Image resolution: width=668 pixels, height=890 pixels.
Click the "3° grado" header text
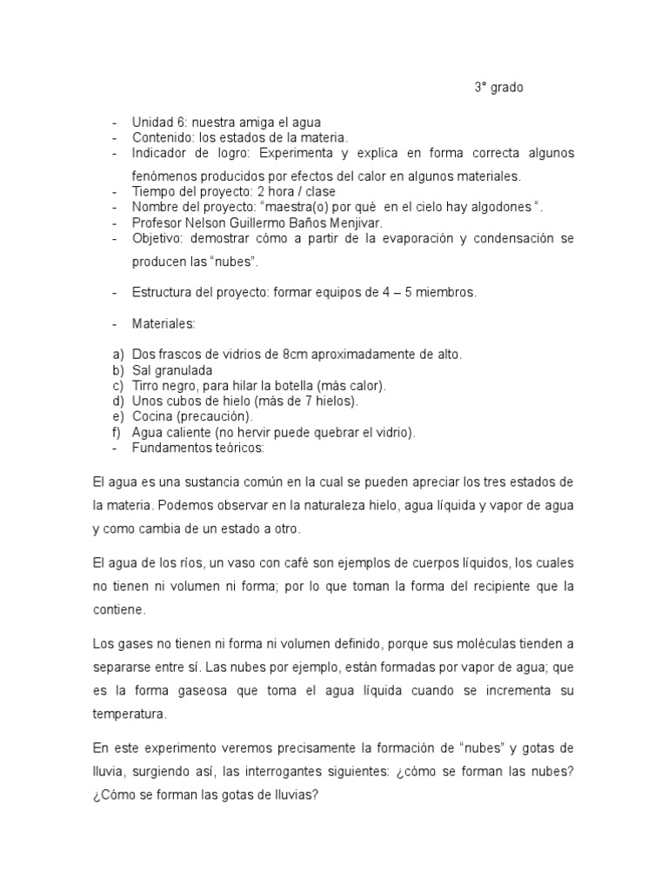(498, 88)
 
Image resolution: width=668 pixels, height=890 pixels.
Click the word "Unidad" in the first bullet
(151, 123)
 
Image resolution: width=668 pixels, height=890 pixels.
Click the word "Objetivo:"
(161, 237)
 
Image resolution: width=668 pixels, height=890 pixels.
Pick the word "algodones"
(503, 206)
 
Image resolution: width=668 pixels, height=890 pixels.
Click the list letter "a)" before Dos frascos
(117, 355)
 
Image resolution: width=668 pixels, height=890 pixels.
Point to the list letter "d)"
(117, 401)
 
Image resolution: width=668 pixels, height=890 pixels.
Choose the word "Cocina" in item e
(153, 416)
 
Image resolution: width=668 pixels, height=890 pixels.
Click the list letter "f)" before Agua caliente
(117, 432)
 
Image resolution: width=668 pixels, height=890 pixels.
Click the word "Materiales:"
(164, 323)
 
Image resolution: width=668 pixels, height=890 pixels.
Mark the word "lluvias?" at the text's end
(297, 794)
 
